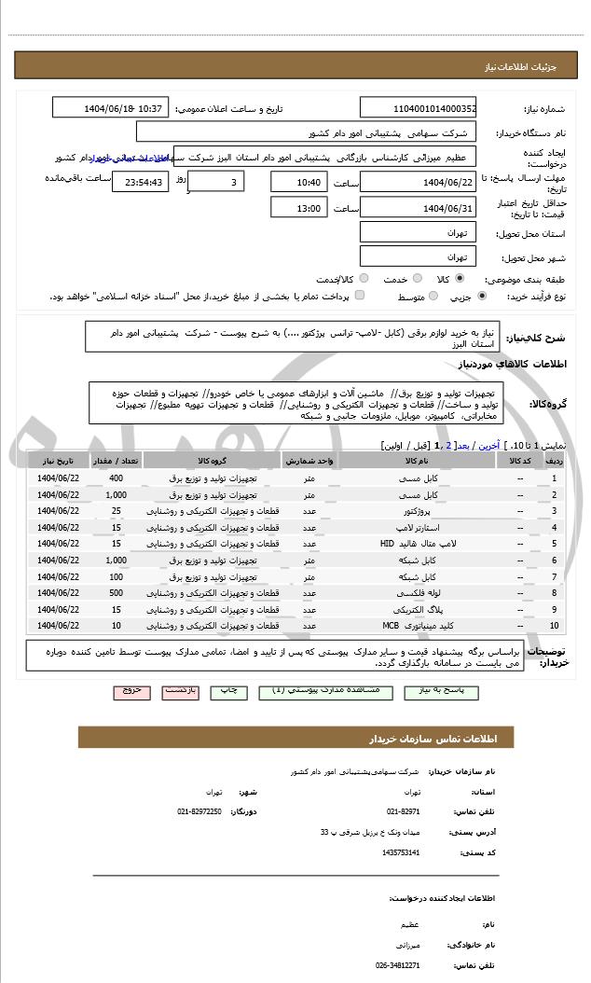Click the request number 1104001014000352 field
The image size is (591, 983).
419,108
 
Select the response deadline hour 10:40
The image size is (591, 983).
299,183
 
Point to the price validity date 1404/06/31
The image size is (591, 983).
419,209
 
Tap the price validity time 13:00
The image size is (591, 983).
299,209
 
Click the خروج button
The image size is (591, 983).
131,692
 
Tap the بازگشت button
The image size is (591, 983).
182,692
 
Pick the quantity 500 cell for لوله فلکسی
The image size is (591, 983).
116,592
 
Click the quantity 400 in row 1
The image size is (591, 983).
116,478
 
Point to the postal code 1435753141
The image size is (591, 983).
402,852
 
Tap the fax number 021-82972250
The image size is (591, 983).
199,811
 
